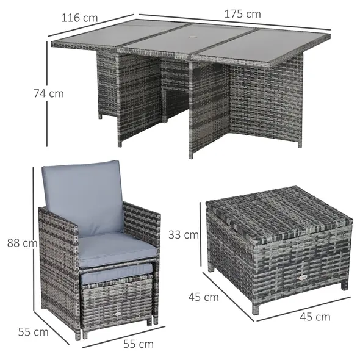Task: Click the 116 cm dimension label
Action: click(79, 18)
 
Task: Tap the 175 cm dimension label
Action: click(243, 13)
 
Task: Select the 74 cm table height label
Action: click(48, 93)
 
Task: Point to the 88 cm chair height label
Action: click(21, 243)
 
